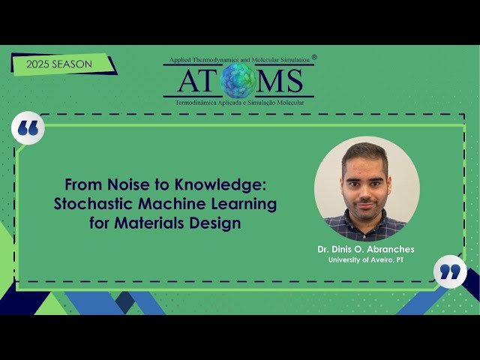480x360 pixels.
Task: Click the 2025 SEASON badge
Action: pos(59,64)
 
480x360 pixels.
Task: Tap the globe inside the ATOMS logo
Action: pos(238,80)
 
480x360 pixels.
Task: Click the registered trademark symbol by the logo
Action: pos(313,57)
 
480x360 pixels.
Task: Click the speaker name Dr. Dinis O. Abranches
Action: pos(366,249)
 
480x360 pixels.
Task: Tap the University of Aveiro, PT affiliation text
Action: pos(366,260)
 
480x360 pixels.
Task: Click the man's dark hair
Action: pos(364,152)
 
